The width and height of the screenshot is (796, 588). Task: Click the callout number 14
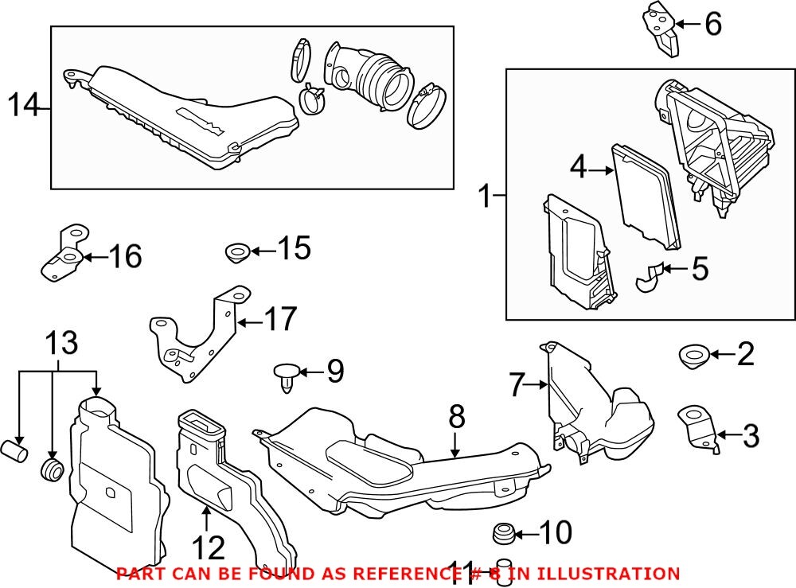tap(24, 105)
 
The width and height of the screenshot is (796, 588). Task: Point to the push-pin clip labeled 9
tap(287, 373)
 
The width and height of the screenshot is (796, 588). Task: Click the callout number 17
tap(279, 320)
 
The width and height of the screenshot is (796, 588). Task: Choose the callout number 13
tap(61, 344)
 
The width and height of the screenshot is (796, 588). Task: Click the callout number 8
tap(456, 415)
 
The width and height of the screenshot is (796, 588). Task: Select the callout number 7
tap(518, 386)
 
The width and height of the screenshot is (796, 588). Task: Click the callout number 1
tap(485, 193)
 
